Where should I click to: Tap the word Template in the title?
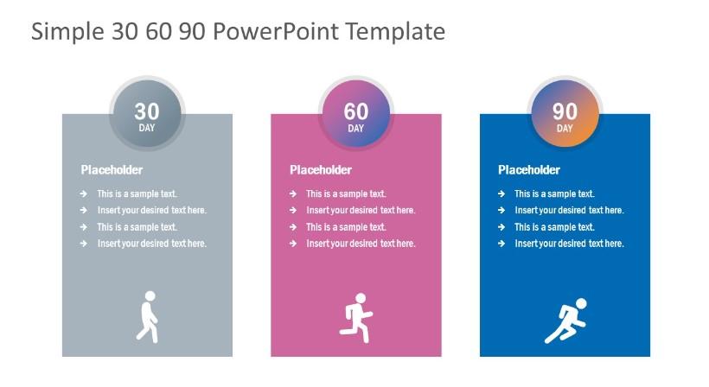click(396, 31)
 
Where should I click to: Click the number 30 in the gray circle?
click(147, 111)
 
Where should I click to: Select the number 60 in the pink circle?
click(356, 111)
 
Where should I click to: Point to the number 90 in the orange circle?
click(565, 111)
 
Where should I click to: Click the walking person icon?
click(148, 317)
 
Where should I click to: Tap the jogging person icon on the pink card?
click(356, 318)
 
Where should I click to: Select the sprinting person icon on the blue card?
click(565, 320)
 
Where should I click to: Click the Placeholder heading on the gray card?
click(112, 170)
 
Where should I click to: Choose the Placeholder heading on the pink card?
click(321, 170)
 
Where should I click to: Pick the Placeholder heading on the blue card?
click(529, 170)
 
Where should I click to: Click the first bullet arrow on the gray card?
click(84, 193)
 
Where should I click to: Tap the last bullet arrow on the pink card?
click(293, 244)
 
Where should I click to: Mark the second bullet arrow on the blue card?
click(501, 210)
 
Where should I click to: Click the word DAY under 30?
click(147, 128)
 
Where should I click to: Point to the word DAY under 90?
click(565, 128)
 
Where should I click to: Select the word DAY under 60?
click(356, 128)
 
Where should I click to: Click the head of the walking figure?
click(150, 296)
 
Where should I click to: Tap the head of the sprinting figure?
click(582, 303)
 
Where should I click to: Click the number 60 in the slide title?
click(159, 32)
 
